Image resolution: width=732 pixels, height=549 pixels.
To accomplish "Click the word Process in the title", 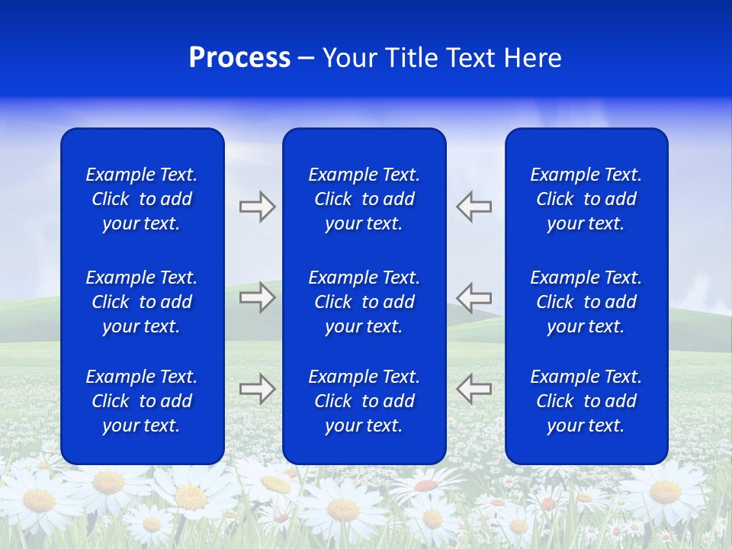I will click(239, 58).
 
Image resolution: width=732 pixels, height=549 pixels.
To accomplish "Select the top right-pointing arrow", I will click(257, 207).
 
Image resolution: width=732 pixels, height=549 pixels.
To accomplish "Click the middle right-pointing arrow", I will click(257, 297).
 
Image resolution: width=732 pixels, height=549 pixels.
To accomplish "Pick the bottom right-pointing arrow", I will click(257, 388).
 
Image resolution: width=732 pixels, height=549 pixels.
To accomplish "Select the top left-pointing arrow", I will click(474, 207).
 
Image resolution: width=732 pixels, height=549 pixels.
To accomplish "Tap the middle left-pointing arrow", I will click(474, 297).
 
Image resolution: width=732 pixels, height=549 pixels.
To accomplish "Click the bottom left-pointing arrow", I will click(474, 388).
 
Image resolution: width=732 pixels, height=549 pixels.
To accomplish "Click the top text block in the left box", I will click(142, 199).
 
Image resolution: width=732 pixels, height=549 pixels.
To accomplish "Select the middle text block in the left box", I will click(142, 302).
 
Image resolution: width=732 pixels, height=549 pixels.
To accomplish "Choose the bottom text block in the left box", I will click(142, 401).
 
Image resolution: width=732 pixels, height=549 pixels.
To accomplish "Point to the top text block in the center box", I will click(364, 199).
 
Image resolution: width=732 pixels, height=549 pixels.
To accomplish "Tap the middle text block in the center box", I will click(364, 302).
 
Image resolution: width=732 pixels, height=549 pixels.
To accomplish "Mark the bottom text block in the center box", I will click(364, 401).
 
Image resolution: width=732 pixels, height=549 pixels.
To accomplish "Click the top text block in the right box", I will click(586, 199).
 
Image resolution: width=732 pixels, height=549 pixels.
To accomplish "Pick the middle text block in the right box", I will click(586, 302).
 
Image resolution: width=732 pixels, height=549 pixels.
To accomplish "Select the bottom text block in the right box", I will click(586, 401).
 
